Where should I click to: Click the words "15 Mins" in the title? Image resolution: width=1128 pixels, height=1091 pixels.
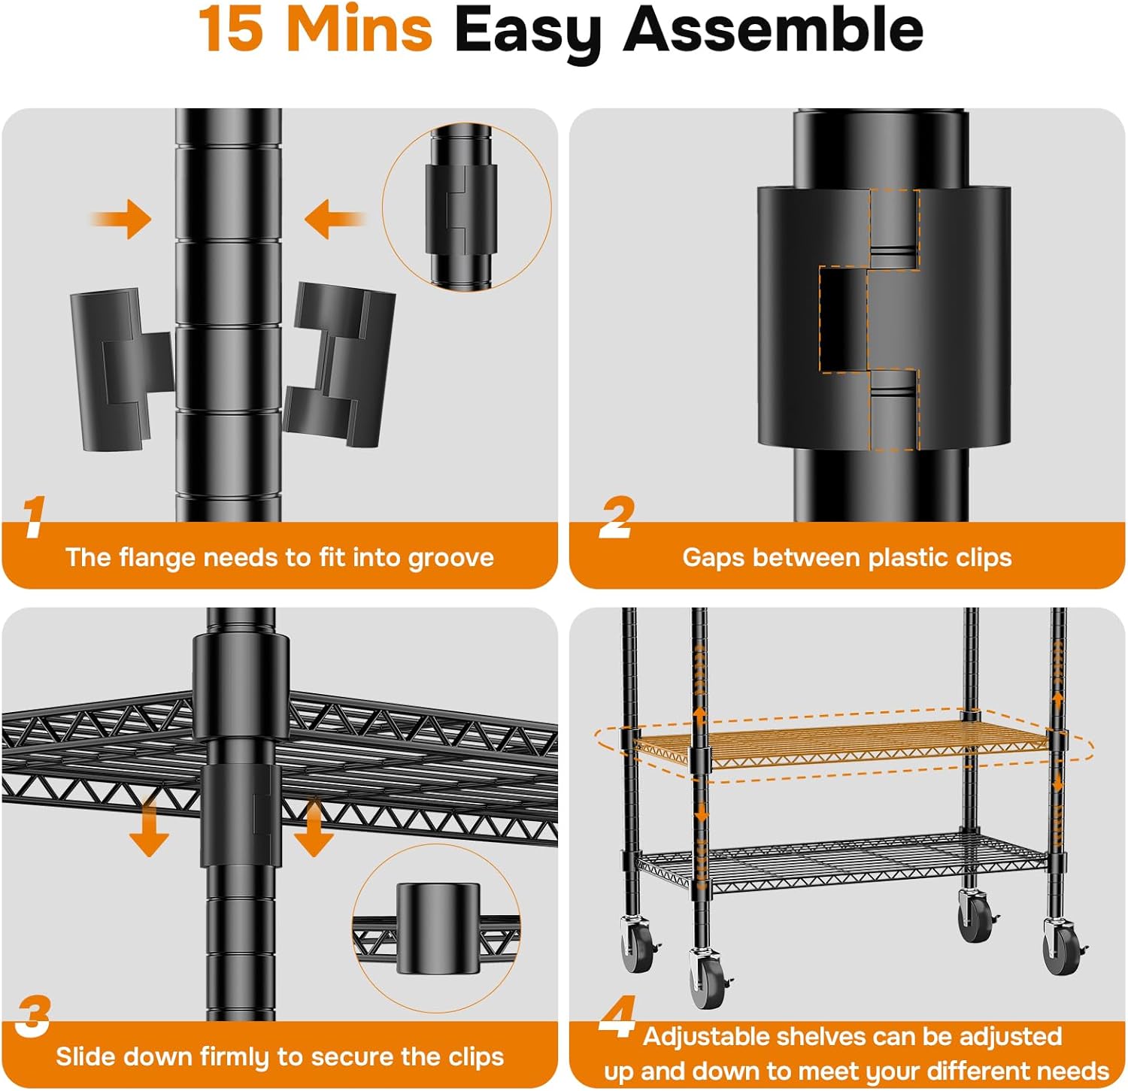click(x=316, y=29)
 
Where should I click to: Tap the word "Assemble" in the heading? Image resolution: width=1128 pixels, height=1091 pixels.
click(x=773, y=29)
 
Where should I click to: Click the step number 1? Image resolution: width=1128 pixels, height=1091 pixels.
click(x=33, y=517)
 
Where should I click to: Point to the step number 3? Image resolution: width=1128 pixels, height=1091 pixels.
click(x=33, y=1016)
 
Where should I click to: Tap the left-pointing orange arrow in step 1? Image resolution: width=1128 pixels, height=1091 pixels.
click(x=335, y=219)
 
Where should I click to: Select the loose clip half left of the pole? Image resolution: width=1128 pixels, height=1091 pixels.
click(x=122, y=369)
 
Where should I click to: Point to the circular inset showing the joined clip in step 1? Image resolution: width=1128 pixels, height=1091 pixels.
click(x=466, y=208)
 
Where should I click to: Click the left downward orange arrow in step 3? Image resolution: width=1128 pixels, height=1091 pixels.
click(x=149, y=827)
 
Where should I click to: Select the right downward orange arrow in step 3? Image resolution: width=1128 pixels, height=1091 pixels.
click(x=314, y=827)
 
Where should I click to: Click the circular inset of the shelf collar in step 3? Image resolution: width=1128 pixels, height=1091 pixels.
click(x=436, y=928)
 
